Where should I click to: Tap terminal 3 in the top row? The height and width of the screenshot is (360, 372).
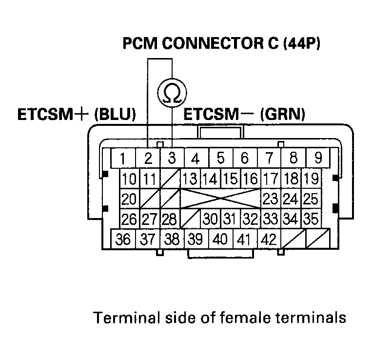172,159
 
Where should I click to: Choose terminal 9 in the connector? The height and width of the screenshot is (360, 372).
318,159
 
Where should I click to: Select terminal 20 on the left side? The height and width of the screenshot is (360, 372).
130,199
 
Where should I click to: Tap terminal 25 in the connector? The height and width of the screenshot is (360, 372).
311,199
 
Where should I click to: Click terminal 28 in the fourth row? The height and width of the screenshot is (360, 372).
170,219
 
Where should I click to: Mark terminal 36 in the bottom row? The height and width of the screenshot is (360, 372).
124,240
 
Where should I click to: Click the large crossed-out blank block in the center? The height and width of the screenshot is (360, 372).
221,199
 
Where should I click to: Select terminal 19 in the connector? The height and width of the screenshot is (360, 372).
311,179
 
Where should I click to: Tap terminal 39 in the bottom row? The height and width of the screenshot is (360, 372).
195,240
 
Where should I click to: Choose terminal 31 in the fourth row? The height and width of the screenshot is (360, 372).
231,219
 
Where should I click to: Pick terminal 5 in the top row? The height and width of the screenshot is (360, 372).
220,159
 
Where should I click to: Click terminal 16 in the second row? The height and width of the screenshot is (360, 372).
251,179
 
